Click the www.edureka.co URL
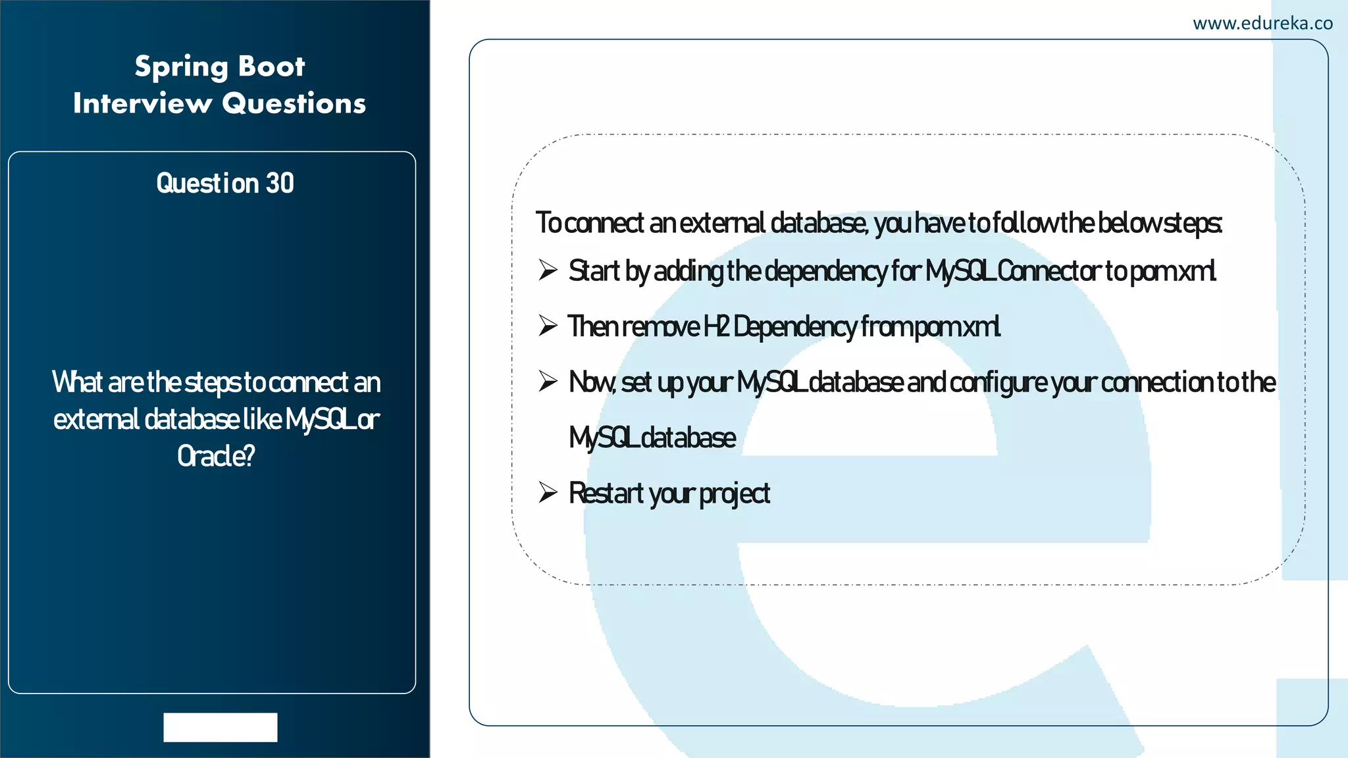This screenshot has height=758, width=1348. coord(1262,24)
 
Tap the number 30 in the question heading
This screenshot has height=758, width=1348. coord(280,183)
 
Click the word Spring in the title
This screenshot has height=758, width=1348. coord(182,67)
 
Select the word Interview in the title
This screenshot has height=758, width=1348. coord(142,103)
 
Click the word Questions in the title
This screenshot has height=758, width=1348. coord(294,103)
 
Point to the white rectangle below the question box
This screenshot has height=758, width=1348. coord(220,727)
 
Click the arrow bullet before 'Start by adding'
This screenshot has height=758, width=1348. coord(548,270)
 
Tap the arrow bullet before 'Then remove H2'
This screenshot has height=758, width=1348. coord(548,326)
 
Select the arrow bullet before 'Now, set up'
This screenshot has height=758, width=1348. coord(548,381)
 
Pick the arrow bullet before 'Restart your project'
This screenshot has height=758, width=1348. coord(548,492)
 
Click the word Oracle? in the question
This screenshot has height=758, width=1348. coord(215,456)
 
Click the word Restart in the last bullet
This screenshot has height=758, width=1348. coord(606,493)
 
